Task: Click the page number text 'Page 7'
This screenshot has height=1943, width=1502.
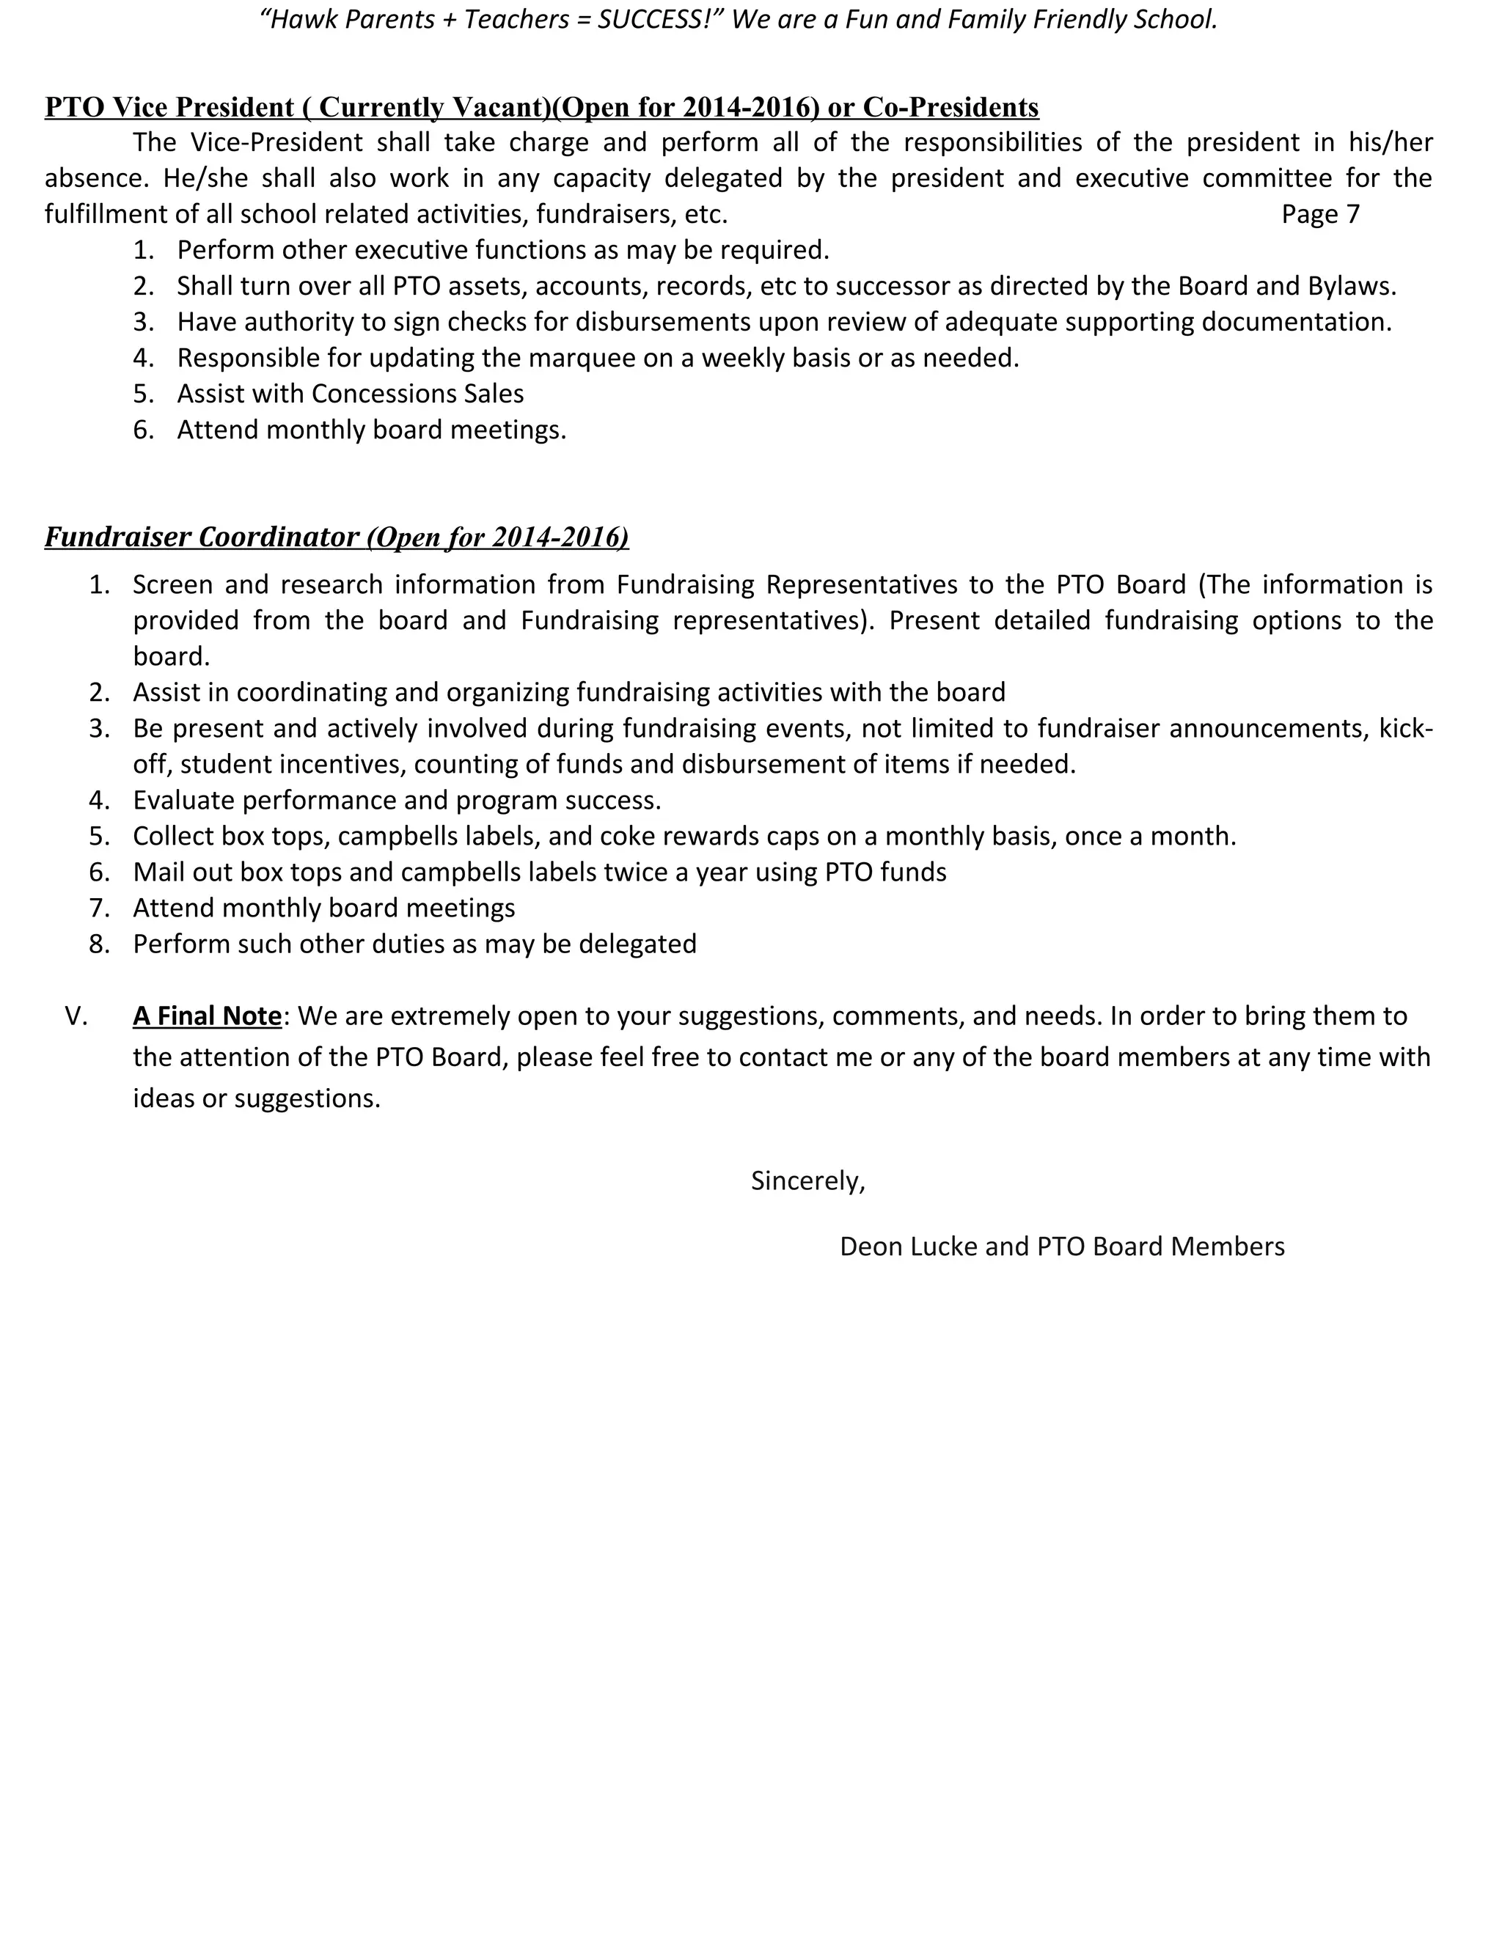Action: point(1319,214)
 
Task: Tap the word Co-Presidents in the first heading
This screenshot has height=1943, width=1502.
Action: point(950,108)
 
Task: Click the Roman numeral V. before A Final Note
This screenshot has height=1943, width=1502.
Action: point(76,1016)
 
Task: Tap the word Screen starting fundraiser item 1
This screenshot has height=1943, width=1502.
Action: point(172,584)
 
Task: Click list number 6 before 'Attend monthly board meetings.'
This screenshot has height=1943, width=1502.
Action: point(142,430)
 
